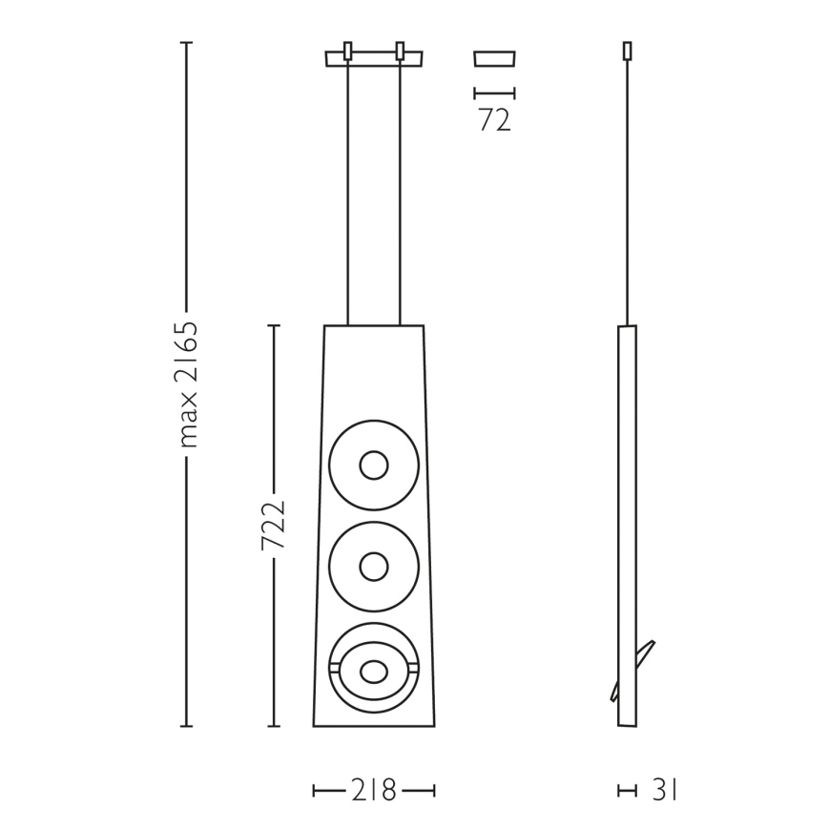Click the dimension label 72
pyautogui.click(x=495, y=120)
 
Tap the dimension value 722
pyautogui.click(x=273, y=525)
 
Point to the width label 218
pyautogui.click(x=373, y=791)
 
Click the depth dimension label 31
pyautogui.click(x=664, y=791)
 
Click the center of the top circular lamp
pyautogui.click(x=374, y=466)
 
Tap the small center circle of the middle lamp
pyautogui.click(x=374, y=567)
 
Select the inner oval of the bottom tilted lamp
pyautogui.click(x=374, y=672)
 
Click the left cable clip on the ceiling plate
pyautogui.click(x=348, y=52)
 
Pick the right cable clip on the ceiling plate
pyautogui.click(x=400, y=52)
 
